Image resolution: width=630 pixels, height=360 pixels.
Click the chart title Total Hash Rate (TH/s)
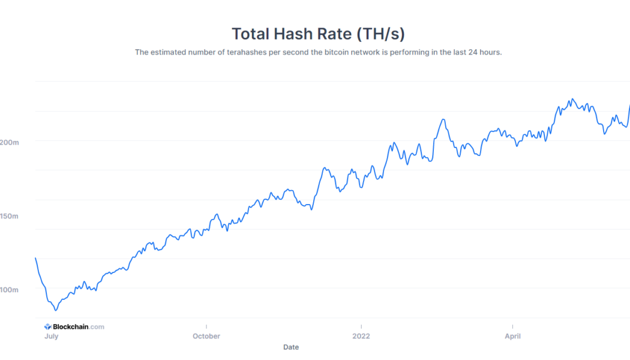314,34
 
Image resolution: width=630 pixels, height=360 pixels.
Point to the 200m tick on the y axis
9,142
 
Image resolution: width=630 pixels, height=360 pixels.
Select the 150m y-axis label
9,216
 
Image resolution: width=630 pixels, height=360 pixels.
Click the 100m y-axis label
9,290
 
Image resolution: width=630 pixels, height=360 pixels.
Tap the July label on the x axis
51,336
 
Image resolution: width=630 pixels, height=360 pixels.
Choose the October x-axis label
206,336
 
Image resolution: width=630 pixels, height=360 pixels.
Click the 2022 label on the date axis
361,336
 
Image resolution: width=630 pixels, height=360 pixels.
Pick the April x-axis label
512,336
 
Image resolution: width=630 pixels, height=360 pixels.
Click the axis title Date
291,347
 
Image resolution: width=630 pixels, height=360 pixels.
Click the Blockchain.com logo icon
48,327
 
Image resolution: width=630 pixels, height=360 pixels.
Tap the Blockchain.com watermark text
79,327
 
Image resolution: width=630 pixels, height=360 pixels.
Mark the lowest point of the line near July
56,310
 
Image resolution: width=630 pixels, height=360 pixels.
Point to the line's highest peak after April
572,99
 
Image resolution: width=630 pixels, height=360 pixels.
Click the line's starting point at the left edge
35,258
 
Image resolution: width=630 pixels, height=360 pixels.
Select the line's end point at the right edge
629,106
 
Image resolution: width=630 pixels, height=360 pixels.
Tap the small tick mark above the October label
206,326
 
